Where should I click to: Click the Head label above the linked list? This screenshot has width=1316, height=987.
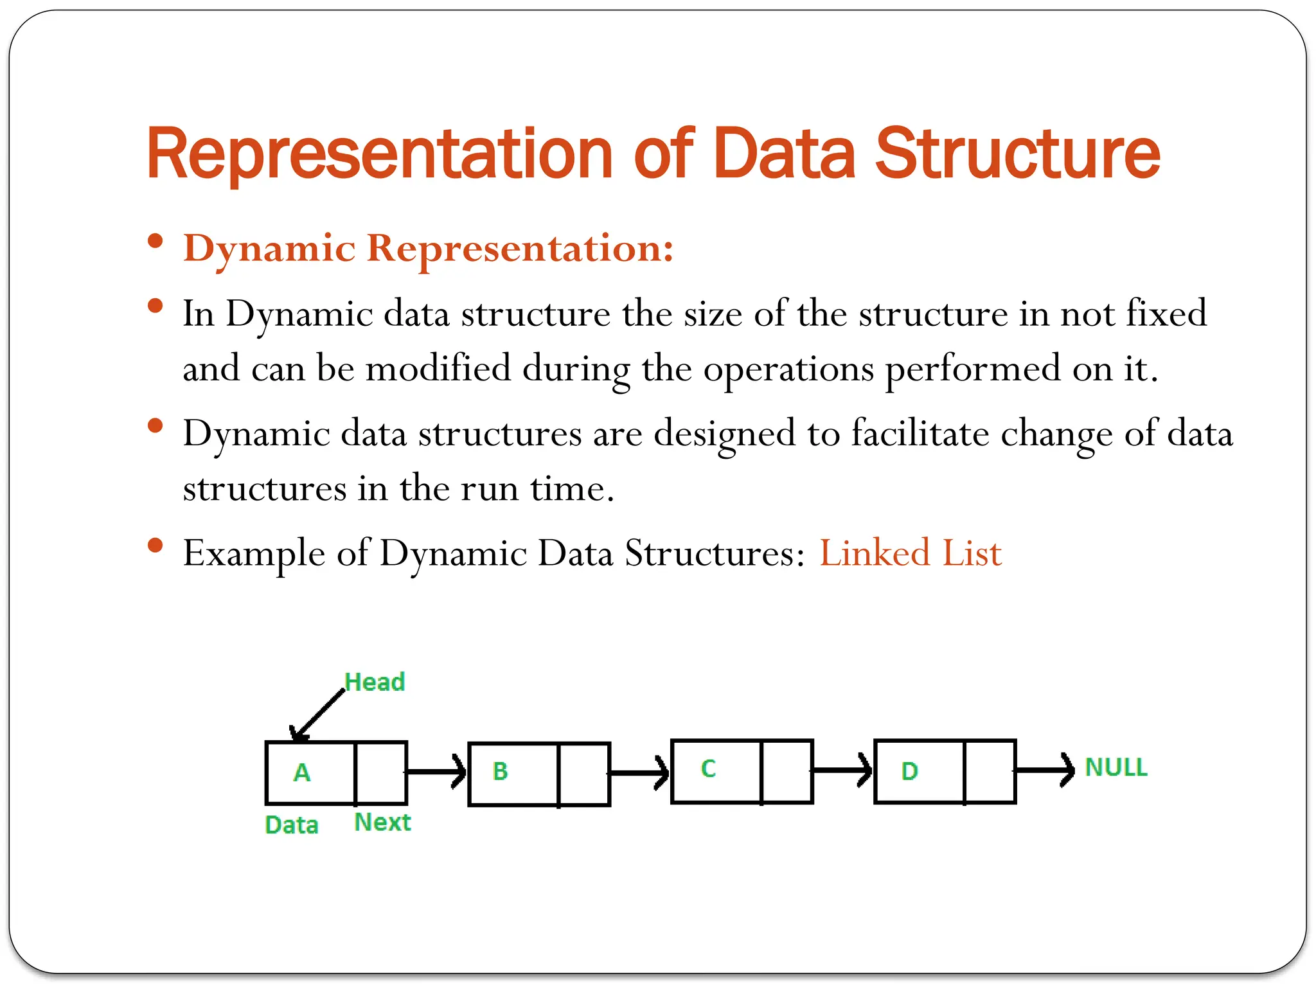375,682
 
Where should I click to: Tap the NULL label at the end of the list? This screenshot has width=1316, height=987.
1116,767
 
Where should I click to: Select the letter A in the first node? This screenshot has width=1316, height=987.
302,772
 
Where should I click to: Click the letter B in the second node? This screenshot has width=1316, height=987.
500,771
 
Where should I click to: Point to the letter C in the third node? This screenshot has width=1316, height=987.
708,769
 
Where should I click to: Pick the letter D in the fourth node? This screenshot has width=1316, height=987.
909,771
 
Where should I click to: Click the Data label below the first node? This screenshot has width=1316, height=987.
291,825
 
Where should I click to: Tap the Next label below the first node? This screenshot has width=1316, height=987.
382,822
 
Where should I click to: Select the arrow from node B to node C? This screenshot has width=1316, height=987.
639,772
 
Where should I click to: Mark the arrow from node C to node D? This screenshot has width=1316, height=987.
842,770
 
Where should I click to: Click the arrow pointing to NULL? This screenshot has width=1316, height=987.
1044,770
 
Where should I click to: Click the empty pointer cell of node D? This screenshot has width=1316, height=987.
990,771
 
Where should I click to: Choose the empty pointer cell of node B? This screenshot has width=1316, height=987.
583,774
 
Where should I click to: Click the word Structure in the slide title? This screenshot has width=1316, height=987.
1018,154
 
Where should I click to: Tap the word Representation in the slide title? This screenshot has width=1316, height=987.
380,154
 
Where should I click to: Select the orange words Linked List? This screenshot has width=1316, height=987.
910,553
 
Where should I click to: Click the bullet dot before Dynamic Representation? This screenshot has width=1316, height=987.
155,242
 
